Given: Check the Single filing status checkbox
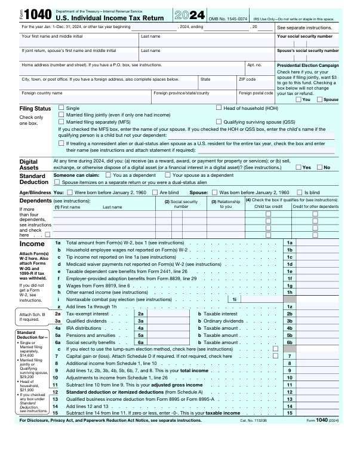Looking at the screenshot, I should click(61, 108).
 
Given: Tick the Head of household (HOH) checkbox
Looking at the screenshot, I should click(219, 108).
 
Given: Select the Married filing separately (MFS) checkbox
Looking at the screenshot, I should click(61, 121).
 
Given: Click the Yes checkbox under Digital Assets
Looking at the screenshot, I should click(299, 167).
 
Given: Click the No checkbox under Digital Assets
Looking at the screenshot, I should click(319, 167).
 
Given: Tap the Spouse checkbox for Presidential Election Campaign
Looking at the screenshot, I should click(319, 99).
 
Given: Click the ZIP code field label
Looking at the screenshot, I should click(247, 79).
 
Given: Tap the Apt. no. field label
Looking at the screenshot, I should click(254, 65).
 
